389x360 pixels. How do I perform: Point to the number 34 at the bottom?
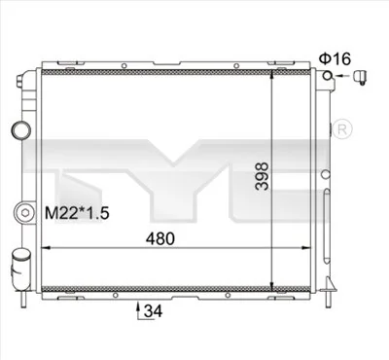coord(152,311)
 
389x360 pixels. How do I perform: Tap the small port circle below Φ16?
coord(333,76)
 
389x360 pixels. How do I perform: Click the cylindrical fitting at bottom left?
coord(20,266)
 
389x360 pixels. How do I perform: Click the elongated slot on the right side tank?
coord(328,175)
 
